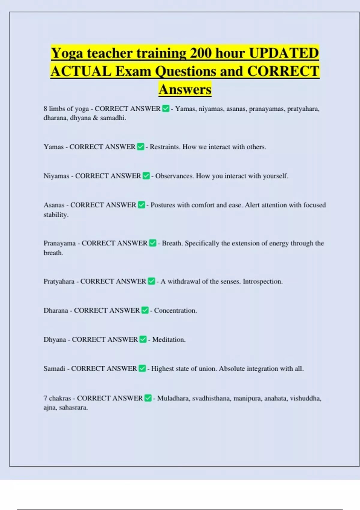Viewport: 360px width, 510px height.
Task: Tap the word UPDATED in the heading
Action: click(x=284, y=53)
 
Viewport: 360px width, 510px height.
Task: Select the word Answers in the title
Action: click(x=185, y=89)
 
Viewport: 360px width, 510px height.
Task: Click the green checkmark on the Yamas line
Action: click(x=140, y=147)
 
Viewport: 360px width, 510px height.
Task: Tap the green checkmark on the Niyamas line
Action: click(x=146, y=176)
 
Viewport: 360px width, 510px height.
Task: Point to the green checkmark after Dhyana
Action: click(x=143, y=339)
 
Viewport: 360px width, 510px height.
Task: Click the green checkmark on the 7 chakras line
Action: click(x=148, y=398)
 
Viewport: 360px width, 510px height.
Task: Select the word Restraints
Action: click(x=164, y=147)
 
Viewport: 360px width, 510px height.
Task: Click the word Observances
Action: click(x=174, y=176)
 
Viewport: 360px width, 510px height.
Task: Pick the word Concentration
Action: click(x=175, y=310)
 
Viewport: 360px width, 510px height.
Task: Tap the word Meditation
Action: click(x=169, y=340)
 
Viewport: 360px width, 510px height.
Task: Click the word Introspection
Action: click(x=262, y=281)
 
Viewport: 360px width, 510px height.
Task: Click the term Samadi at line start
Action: click(x=54, y=368)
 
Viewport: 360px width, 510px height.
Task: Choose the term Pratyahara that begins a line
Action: click(x=59, y=281)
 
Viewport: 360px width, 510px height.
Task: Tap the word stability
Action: click(x=56, y=215)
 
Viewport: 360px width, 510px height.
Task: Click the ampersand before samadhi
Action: click(x=95, y=118)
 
